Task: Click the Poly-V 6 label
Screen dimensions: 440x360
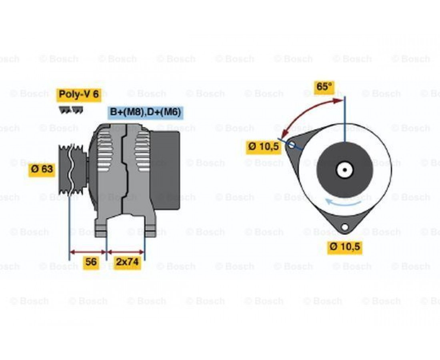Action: click(79, 94)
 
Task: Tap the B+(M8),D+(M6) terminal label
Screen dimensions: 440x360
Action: click(145, 112)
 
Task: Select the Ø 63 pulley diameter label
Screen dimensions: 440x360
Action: click(42, 169)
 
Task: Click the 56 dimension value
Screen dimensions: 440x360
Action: click(91, 262)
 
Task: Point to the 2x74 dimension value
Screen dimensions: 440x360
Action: click(127, 262)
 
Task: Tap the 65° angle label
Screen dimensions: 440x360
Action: click(324, 86)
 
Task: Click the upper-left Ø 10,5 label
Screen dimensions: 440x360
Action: click(264, 146)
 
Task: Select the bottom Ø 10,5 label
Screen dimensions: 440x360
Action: click(345, 247)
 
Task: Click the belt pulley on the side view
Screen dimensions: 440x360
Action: click(73, 169)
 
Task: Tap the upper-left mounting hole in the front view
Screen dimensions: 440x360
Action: click(292, 144)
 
